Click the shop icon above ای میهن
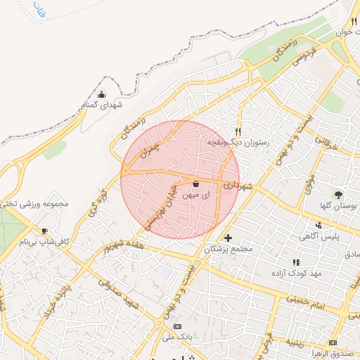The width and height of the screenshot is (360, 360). pyautogui.click(x=195, y=184)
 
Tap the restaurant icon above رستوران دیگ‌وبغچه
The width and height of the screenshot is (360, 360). pyautogui.click(x=238, y=131)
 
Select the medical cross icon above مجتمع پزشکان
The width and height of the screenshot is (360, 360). pyautogui.click(x=228, y=238)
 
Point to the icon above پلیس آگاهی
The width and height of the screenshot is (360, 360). pyautogui.click(x=319, y=226)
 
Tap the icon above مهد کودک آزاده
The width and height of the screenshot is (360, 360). pyautogui.click(x=296, y=262)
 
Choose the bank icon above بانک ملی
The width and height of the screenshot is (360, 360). pyautogui.click(x=176, y=327)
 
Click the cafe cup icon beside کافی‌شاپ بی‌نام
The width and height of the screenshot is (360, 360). pyautogui.click(x=45, y=231)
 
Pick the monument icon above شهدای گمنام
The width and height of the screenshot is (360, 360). pyautogui.click(x=102, y=94)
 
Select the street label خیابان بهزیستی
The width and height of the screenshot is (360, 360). pyautogui.click(x=162, y=208)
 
